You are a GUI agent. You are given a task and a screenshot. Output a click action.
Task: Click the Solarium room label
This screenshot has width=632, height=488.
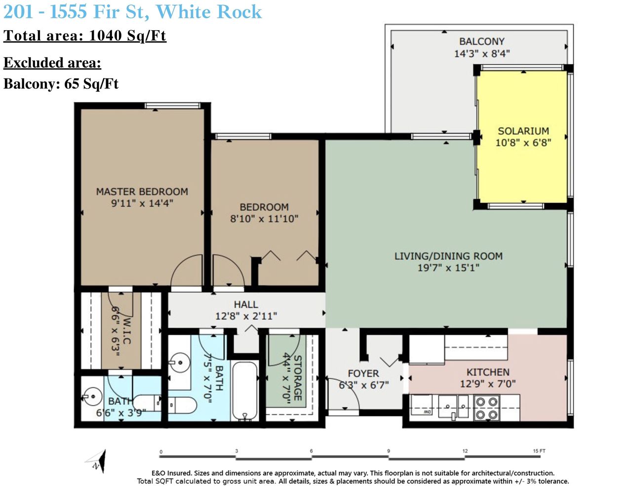coord(523,131)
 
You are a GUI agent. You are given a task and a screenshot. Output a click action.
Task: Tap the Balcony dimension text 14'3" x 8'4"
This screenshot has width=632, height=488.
coord(481,53)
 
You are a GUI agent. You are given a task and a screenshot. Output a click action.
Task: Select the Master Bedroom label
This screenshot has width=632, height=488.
coord(142,192)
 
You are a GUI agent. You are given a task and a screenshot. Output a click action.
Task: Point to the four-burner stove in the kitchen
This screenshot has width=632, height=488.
coord(486,407)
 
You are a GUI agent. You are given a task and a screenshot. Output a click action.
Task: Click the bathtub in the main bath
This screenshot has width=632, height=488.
coord(245,390)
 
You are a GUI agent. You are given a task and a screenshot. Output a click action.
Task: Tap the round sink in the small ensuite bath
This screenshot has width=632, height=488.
coord(92,396)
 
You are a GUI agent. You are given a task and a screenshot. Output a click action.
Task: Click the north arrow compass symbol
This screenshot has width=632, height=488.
coord(97,461)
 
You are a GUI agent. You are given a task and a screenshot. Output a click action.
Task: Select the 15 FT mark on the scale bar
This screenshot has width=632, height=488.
coord(539,451)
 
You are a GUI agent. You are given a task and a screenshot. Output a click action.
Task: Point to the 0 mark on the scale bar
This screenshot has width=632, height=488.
coord(161,451)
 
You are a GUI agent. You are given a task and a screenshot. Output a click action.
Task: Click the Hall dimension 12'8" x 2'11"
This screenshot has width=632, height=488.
coord(246,316)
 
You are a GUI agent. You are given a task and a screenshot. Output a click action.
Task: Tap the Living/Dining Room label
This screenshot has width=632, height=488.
coord(448,256)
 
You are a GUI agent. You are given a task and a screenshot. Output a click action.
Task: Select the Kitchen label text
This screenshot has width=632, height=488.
coord(488,372)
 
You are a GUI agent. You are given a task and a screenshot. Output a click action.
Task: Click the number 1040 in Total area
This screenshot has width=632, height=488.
coord(105,36)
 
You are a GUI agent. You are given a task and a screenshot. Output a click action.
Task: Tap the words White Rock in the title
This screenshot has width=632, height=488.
coord(209,12)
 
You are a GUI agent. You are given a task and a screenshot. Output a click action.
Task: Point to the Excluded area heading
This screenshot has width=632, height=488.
coord(52,63)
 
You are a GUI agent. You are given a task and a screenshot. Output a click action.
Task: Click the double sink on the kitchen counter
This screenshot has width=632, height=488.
coord(453,407)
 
